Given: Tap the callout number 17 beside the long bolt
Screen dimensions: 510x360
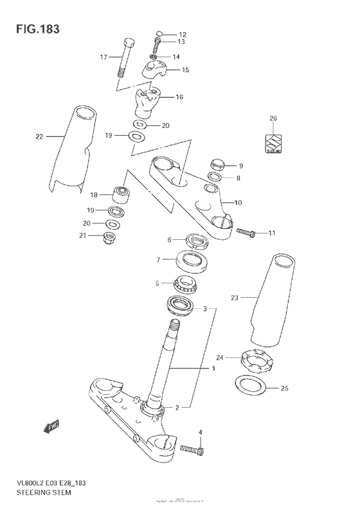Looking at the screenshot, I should point(103,57).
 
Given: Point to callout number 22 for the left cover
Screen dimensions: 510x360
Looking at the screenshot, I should point(40,136).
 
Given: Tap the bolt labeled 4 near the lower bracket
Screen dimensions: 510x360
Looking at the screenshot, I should point(192,448).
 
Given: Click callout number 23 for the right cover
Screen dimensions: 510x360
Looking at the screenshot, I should point(235,297).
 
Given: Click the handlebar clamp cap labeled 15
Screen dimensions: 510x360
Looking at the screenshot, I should point(157,69).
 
